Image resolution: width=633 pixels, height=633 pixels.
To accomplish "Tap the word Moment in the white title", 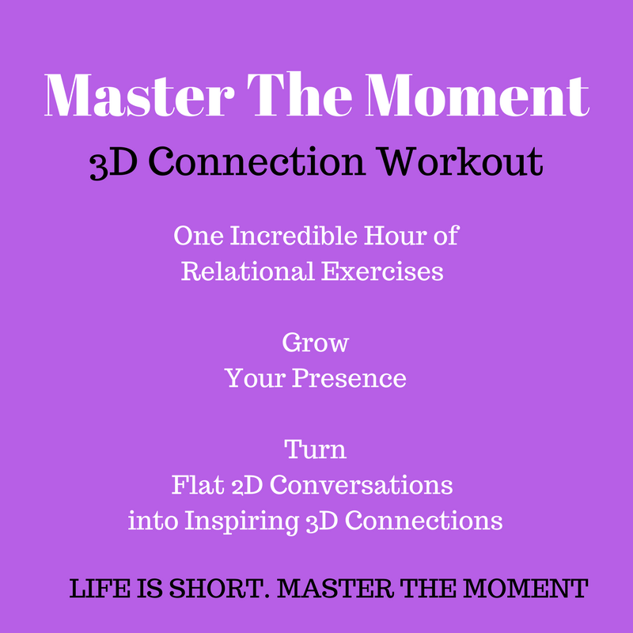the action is coord(478,95).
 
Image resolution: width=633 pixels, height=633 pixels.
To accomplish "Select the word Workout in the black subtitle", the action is coord(461,161).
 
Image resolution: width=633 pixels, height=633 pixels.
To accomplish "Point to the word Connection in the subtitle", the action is coord(256,161).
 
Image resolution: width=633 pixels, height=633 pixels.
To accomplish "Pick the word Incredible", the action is coord(294,235).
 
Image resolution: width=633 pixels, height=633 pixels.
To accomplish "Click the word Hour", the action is coord(395,235).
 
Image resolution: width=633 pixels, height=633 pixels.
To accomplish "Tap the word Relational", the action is coord(248,271).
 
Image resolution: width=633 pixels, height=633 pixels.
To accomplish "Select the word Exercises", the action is coord(383,271).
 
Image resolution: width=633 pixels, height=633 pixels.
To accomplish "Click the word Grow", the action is coord(315,343).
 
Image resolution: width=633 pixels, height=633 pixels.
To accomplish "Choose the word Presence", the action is coord(349,378).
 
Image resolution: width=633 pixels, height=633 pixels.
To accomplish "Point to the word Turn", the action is coord(315,449).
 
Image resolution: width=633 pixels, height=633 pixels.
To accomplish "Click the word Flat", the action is coord(198,485).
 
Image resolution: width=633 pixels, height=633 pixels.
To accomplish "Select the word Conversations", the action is coord(362,485).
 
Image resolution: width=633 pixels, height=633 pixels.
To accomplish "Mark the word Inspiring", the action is coord(241,521).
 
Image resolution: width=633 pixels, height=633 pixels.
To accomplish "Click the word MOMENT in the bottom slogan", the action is coord(525,588).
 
